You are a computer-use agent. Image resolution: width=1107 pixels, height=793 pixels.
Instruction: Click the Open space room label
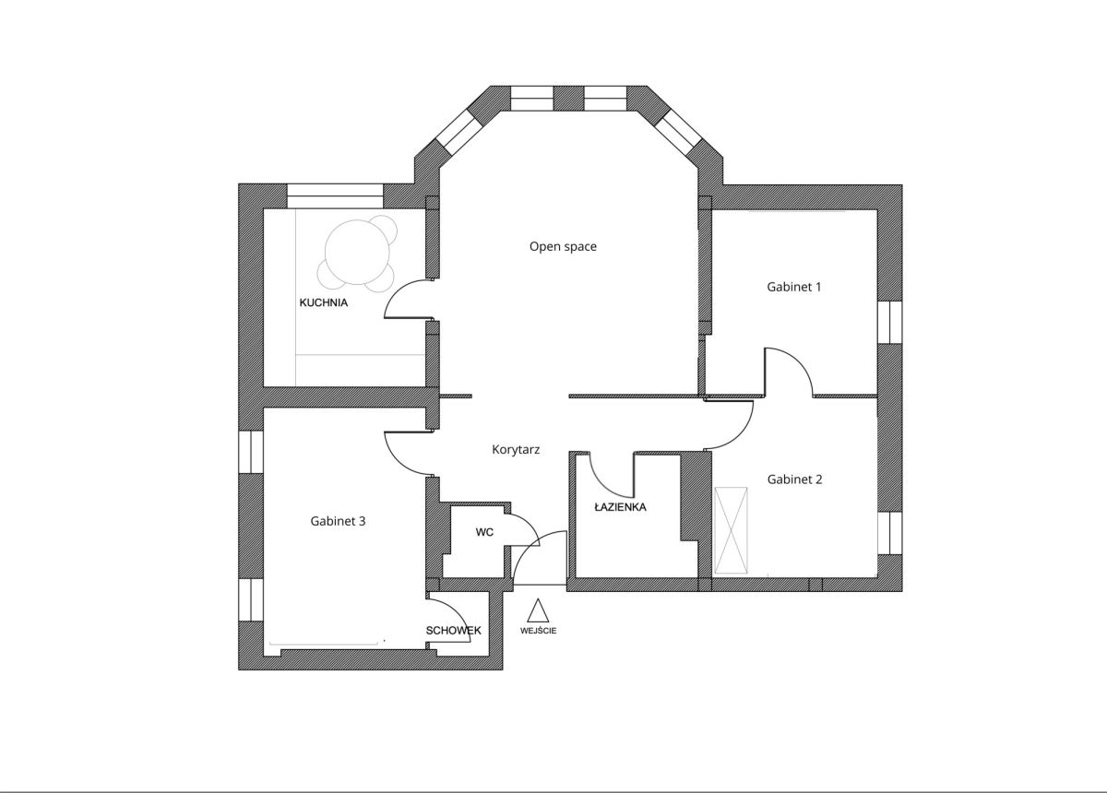pos(563,246)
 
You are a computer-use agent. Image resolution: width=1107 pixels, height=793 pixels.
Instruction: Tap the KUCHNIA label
pos(324,302)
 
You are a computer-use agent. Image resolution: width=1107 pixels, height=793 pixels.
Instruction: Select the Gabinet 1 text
pos(793,287)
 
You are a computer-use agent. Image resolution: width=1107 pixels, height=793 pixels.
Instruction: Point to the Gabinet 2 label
pos(794,479)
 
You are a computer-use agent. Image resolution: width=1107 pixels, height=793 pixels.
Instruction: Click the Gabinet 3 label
pos(338,521)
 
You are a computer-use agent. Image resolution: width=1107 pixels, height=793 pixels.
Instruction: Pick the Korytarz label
pos(516,450)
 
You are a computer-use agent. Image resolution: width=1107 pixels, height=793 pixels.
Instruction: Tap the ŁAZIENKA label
pos(620,507)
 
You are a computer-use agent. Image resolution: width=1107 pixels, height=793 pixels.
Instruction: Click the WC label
pos(484,532)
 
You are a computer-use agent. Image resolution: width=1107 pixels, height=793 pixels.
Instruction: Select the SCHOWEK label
pos(453,631)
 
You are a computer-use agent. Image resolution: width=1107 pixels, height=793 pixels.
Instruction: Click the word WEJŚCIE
pos(538,631)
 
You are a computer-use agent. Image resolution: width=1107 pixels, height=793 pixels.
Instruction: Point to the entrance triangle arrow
pos(538,610)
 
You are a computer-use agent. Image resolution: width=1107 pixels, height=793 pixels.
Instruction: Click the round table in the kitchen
pos(357,253)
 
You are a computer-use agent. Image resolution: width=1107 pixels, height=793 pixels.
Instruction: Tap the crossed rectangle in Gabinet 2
pos(731,530)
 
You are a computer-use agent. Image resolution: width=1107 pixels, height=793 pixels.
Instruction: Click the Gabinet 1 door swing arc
pos(799,361)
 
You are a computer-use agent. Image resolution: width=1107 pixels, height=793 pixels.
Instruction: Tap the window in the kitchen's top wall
pos(335,196)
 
